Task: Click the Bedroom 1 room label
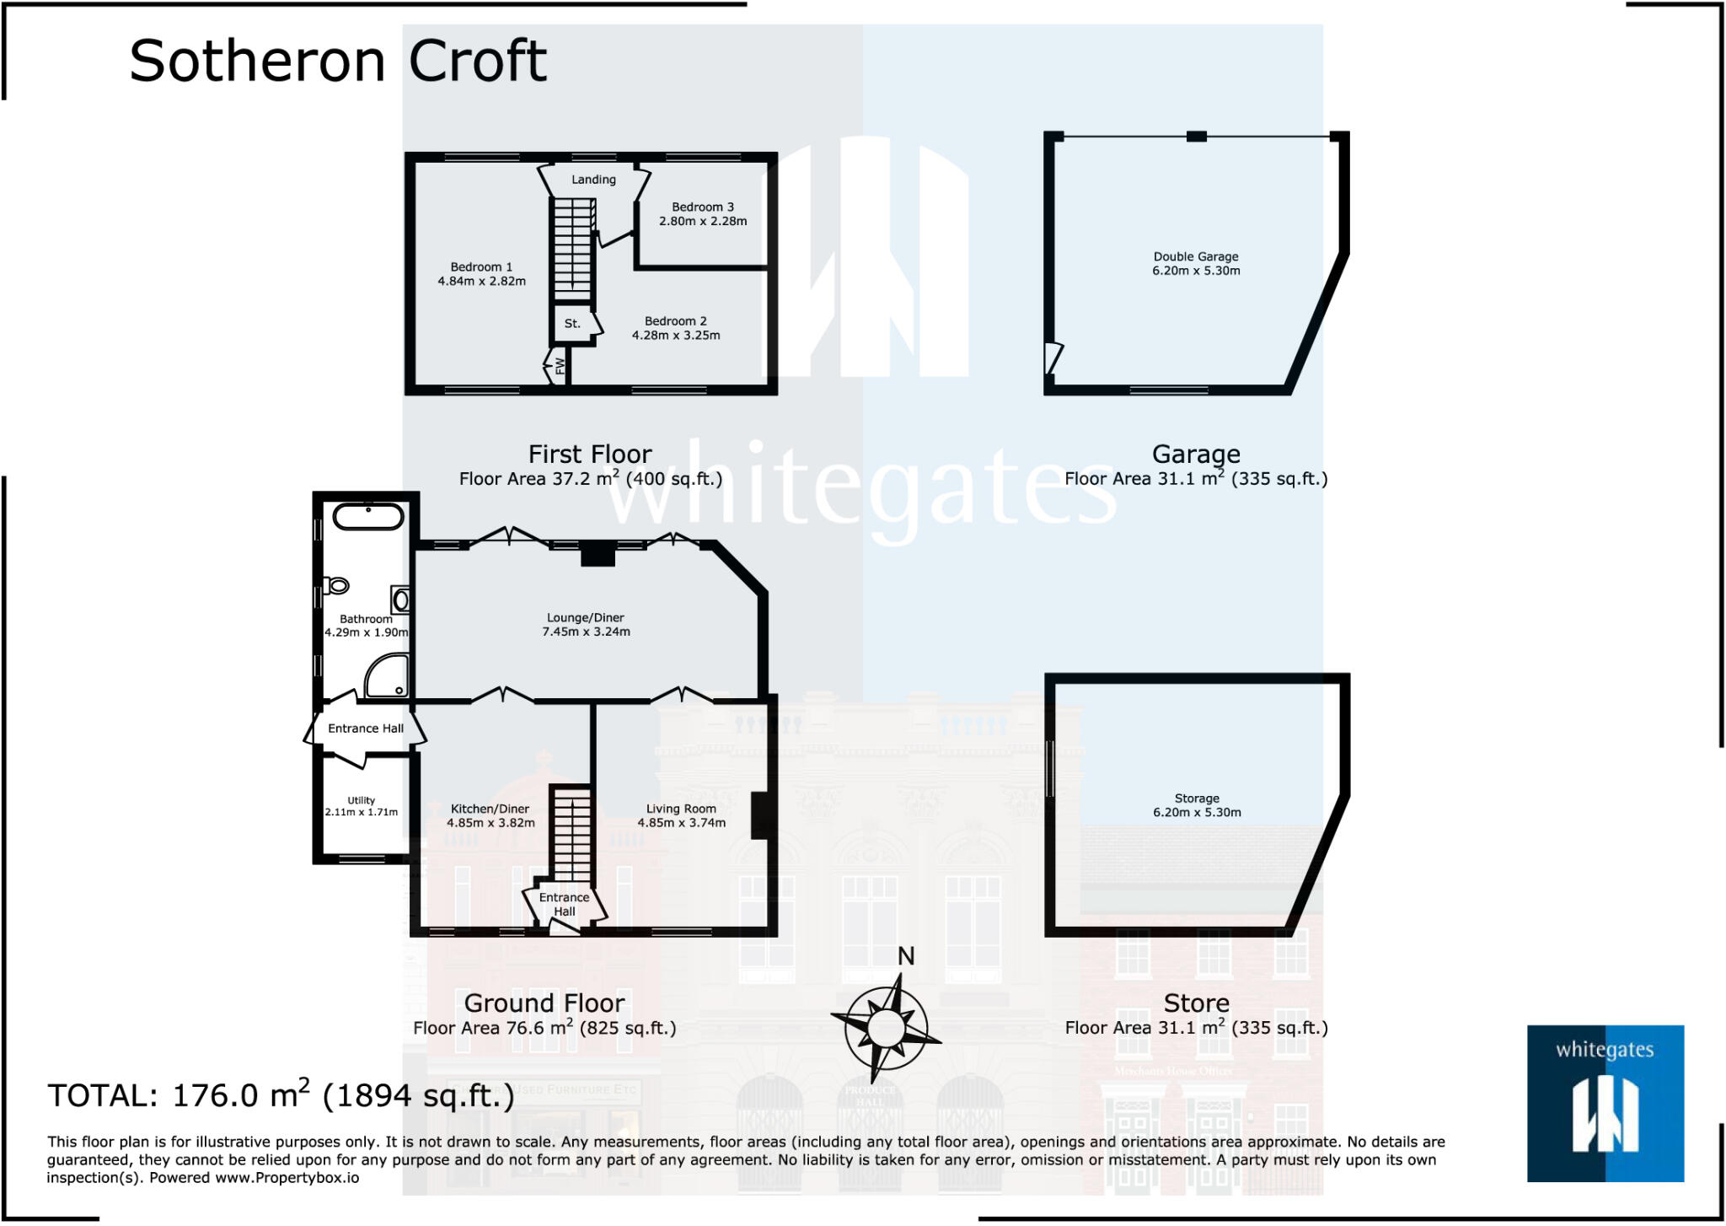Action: [x=480, y=267]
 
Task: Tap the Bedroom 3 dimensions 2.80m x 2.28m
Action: [x=702, y=221]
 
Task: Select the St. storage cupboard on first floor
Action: [x=572, y=324]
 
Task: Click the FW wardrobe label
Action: [x=560, y=366]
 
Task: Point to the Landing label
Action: [x=593, y=180]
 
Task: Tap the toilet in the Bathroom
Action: [x=337, y=585]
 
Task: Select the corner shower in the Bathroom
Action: [x=389, y=676]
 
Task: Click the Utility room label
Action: [x=361, y=800]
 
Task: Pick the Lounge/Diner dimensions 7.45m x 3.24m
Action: [x=586, y=632]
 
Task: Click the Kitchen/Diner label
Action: [x=490, y=809]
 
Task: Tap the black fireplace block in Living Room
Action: [x=759, y=815]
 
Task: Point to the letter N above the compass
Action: [x=906, y=956]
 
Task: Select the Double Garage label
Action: [x=1195, y=256]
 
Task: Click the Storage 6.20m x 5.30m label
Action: [x=1197, y=805]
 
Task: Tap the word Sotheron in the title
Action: [x=256, y=62]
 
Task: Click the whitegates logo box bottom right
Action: [x=1605, y=1103]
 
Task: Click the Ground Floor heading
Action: [x=544, y=1003]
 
